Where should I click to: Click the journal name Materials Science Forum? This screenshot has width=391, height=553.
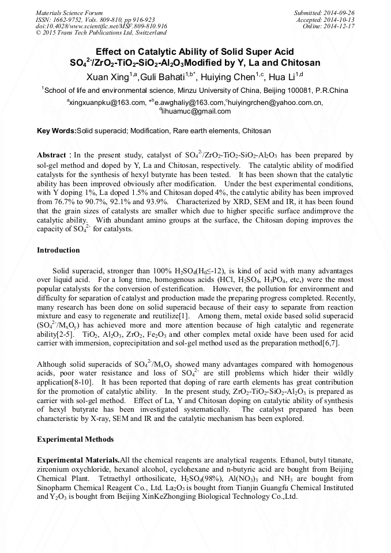69,13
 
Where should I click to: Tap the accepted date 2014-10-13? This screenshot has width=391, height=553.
341,20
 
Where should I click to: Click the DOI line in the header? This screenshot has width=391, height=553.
101,27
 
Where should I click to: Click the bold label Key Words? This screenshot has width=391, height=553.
56,131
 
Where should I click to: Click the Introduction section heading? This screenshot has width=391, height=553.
58,250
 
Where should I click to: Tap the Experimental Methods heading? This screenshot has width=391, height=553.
75,439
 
